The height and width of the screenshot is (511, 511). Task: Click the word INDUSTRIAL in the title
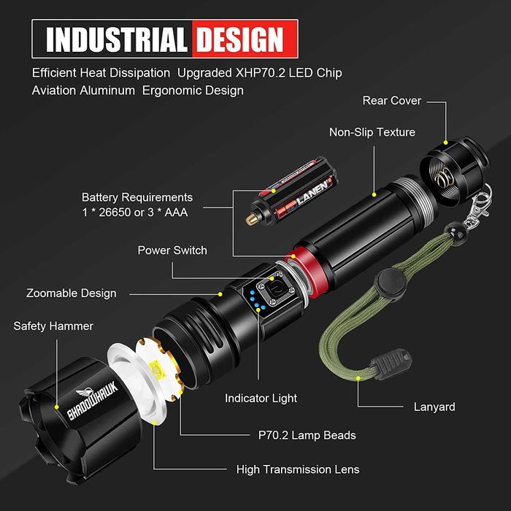pyautogui.click(x=115, y=39)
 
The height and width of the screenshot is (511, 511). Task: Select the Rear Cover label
pyautogui.click(x=392, y=101)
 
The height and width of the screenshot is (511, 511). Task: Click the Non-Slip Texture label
pyautogui.click(x=372, y=132)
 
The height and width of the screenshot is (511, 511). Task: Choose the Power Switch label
pyautogui.click(x=172, y=250)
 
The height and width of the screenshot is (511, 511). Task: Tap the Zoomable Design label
pyautogui.click(x=72, y=293)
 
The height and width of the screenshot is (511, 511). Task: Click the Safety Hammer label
pyautogui.click(x=53, y=326)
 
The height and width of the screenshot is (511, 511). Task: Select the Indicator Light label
pyautogui.click(x=261, y=399)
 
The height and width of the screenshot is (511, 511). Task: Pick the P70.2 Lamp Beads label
pyautogui.click(x=297, y=435)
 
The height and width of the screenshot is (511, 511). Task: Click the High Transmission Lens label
pyautogui.click(x=298, y=469)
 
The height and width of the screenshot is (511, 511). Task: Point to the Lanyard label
pyautogui.click(x=434, y=407)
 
